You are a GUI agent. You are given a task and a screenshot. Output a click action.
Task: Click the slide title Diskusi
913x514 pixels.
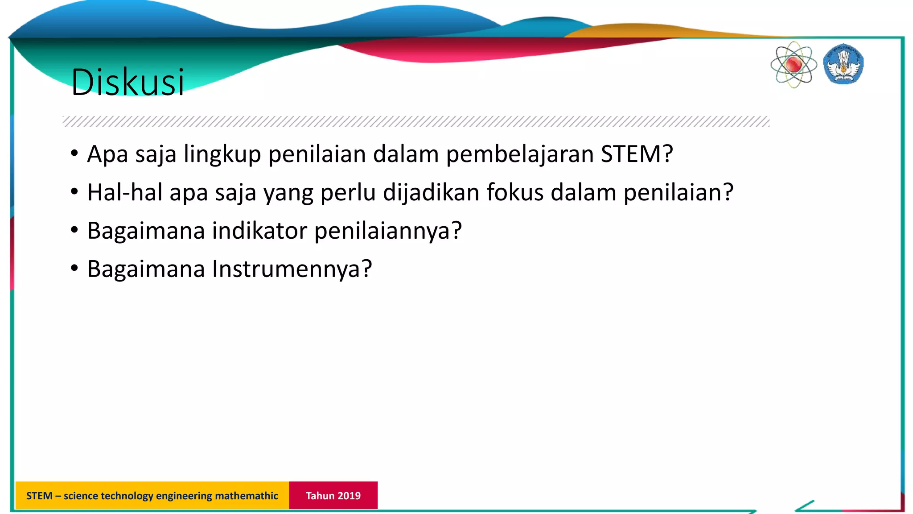point(127,82)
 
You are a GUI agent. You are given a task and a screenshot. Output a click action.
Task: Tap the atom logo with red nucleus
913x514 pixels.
point(794,65)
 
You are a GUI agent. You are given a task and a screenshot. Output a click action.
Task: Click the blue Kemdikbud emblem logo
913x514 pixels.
point(843,64)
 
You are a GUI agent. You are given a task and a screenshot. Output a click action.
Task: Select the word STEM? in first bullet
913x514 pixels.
point(637,154)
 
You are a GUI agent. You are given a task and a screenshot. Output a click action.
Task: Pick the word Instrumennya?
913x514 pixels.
point(292,269)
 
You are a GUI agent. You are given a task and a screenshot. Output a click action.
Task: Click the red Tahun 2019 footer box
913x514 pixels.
point(333,495)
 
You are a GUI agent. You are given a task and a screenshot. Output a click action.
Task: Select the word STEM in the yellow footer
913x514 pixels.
point(39,496)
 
